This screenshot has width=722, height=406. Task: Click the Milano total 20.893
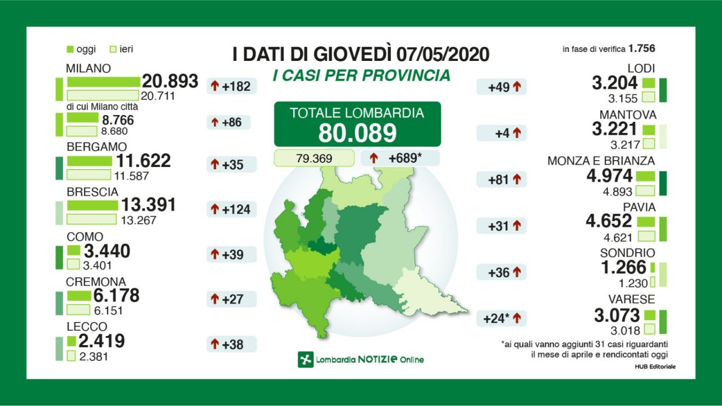170,81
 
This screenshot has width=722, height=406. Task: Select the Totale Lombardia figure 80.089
357,133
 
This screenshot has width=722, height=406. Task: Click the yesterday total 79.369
314,158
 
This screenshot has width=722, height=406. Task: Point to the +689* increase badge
399,158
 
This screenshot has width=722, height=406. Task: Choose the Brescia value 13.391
149,205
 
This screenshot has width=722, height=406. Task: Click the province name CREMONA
96,282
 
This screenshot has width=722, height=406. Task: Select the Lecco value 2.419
102,341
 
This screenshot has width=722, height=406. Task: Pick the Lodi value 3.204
615,83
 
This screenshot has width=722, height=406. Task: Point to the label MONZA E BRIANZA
601,161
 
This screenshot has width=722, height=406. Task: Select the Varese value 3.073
617,315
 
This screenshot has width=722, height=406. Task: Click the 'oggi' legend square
71,50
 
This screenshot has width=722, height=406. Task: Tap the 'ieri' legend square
113,50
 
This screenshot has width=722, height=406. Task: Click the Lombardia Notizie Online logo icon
305,359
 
